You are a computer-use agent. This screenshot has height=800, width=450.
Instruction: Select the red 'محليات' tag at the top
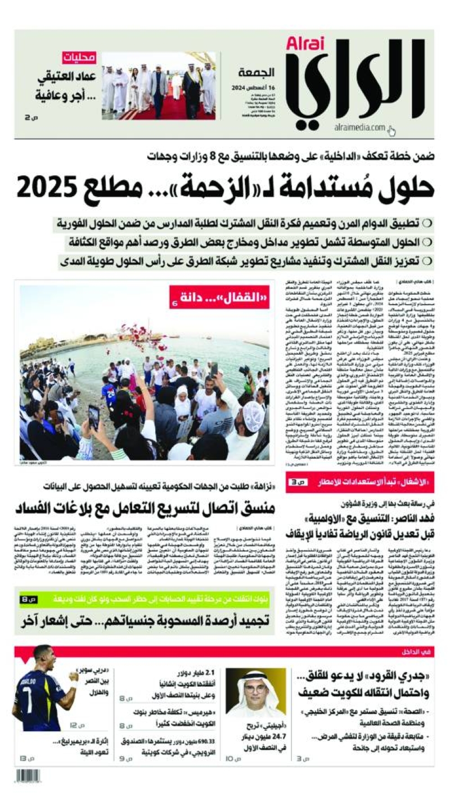[x=79, y=57]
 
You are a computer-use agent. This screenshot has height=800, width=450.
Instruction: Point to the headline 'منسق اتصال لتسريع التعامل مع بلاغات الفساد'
[x=146, y=508]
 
